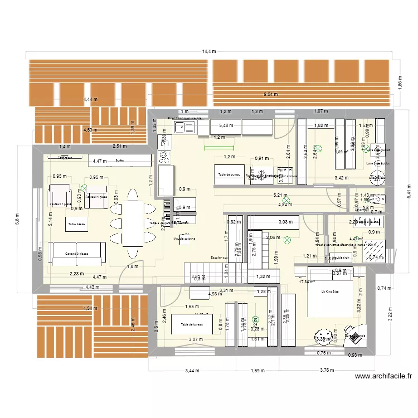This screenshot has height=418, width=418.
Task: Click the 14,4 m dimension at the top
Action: coord(208,51)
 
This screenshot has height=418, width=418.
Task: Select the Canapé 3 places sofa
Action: coord(77,254)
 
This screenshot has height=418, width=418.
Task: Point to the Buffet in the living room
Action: coord(119,160)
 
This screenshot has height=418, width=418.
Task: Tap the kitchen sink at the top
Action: coord(182,128)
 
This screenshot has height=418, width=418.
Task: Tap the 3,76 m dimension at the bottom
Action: coord(327,370)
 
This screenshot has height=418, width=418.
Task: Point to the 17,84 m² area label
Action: coord(307,282)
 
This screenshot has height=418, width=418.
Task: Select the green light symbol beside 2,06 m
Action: coord(288,241)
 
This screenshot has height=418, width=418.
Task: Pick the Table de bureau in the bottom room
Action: coord(191,324)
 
